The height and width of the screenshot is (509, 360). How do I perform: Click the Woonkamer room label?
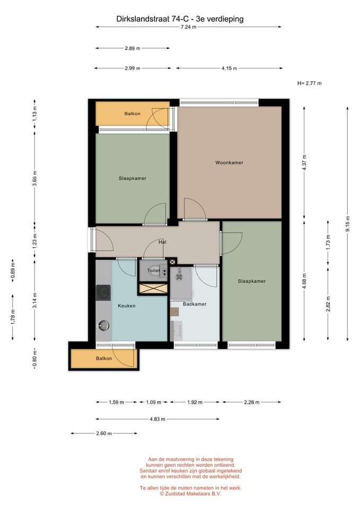[x=229, y=163]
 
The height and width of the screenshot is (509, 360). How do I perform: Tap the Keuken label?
[x=127, y=306]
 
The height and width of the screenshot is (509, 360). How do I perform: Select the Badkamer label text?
[x=195, y=304]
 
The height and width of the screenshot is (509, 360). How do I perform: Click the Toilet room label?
[x=154, y=270]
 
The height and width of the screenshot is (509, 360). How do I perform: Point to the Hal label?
[x=162, y=242]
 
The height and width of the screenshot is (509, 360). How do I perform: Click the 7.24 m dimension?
[x=189, y=27]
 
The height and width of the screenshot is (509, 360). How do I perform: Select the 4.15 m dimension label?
[x=229, y=68]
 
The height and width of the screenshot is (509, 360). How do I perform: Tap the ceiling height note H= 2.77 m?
[x=309, y=83]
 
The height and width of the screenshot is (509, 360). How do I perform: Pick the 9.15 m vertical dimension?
[x=348, y=224]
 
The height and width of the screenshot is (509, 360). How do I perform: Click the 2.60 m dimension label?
[x=104, y=433]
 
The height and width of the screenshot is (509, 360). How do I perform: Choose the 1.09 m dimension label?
[x=154, y=402]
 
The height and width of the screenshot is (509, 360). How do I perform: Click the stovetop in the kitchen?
[x=103, y=293]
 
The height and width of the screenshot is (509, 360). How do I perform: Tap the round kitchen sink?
[x=103, y=325]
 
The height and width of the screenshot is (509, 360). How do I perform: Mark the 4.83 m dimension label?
[x=157, y=419]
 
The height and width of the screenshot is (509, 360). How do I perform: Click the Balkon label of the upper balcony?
[x=133, y=113]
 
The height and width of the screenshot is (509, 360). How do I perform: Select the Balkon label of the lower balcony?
[x=104, y=358]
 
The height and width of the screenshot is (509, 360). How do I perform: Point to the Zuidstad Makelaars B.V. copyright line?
[x=190, y=494]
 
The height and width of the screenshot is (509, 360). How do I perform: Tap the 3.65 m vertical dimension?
[x=35, y=178]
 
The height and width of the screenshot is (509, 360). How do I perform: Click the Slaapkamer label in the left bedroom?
[x=133, y=178]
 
